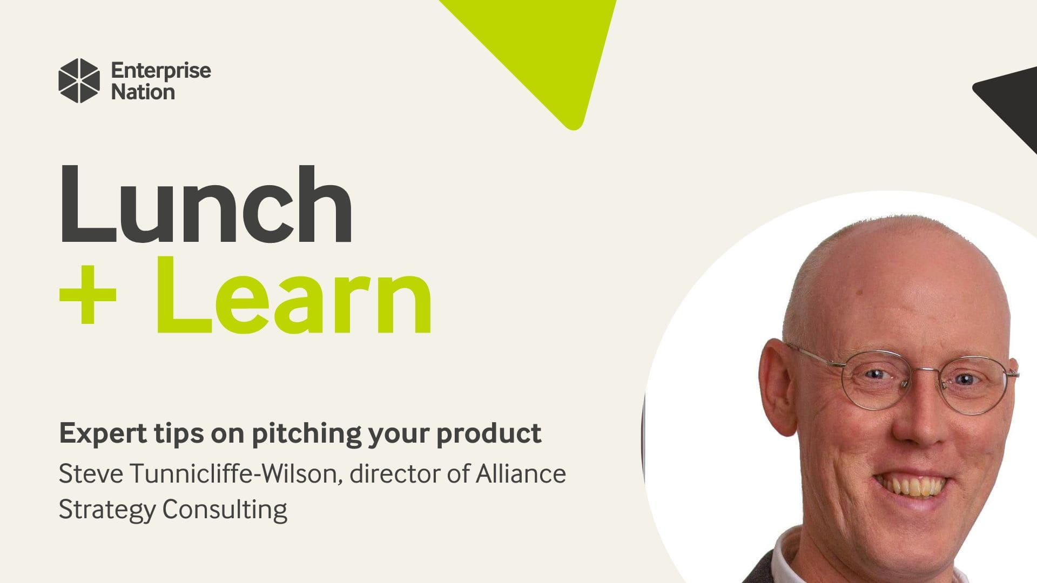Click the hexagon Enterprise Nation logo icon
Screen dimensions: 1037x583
click(x=79, y=80)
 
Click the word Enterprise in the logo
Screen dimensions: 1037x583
click(x=161, y=71)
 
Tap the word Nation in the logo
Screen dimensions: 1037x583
click(x=143, y=92)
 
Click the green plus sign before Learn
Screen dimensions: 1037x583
click(x=87, y=295)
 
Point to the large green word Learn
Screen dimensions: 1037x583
click(x=294, y=295)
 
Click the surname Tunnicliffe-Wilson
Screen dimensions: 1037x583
click(x=237, y=474)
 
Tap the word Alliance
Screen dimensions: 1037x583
click(x=521, y=474)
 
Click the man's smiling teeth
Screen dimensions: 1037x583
click(x=912, y=485)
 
